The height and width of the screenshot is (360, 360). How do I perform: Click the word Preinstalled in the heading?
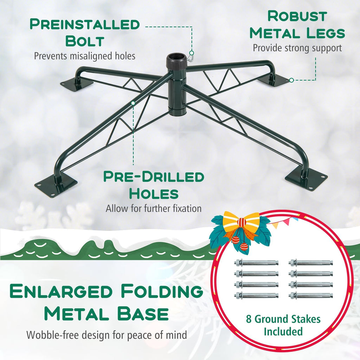coord(85,24)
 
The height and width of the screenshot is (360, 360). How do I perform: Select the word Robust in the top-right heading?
coord(297,16)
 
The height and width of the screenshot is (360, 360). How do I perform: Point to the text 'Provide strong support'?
coord(297,48)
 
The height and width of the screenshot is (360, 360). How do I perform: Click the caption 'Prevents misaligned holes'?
coord(85,56)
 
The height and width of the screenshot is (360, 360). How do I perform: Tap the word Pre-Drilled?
coord(154,177)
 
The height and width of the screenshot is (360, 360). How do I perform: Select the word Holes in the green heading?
coord(154,194)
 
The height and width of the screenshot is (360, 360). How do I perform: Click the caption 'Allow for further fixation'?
coord(154,208)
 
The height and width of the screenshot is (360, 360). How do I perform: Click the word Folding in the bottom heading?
coord(162,291)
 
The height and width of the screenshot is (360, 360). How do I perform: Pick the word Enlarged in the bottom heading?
coord(61,291)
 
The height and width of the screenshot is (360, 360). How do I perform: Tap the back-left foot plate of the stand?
coord(76,84)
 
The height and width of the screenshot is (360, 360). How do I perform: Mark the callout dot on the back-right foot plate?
coord(291,80)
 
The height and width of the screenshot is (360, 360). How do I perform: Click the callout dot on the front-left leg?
coord(133,103)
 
